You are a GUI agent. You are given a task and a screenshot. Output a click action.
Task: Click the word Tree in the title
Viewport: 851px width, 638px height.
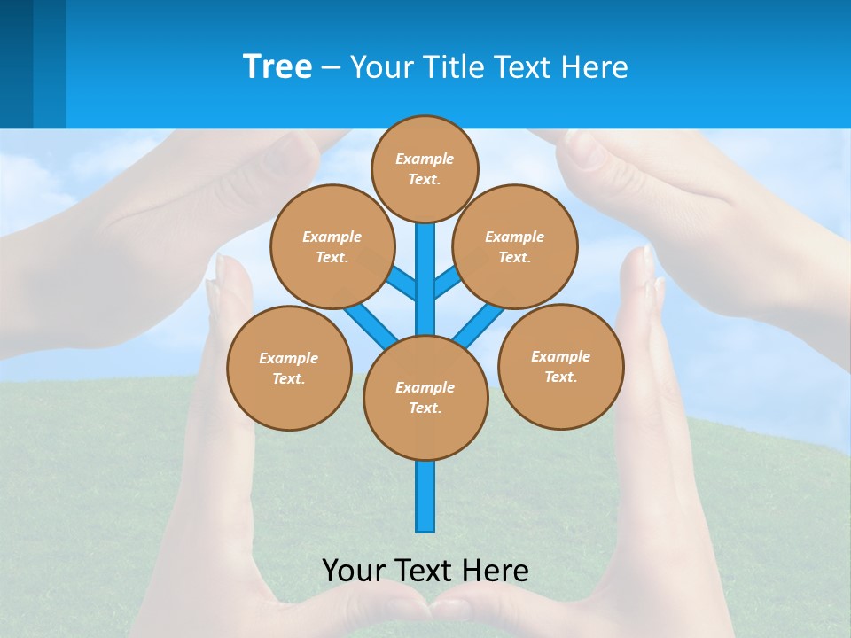tap(277, 66)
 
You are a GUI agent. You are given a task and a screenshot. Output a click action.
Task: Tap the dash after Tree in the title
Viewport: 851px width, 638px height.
tap(331, 67)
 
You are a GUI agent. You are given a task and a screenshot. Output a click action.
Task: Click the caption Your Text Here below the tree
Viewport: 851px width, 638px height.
tap(425, 571)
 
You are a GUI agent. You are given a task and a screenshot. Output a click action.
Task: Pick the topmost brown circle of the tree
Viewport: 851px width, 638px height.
tap(425, 168)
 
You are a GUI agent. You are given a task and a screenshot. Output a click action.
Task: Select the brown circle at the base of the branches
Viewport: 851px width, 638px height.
tap(425, 398)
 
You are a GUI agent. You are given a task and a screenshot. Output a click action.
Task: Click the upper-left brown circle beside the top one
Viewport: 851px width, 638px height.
tap(332, 246)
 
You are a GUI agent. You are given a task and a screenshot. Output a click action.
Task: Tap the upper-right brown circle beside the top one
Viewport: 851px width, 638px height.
tap(515, 246)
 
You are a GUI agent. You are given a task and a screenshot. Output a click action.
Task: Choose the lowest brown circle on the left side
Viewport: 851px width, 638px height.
tap(289, 368)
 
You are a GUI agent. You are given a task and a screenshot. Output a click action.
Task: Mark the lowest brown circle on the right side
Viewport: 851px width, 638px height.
tap(560, 366)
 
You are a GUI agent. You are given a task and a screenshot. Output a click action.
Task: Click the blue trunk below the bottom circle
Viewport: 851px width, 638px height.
tap(425, 496)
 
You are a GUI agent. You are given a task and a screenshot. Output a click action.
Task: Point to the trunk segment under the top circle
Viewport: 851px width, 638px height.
tap(425, 266)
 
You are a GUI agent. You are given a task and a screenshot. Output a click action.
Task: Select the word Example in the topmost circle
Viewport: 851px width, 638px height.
tap(425, 159)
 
